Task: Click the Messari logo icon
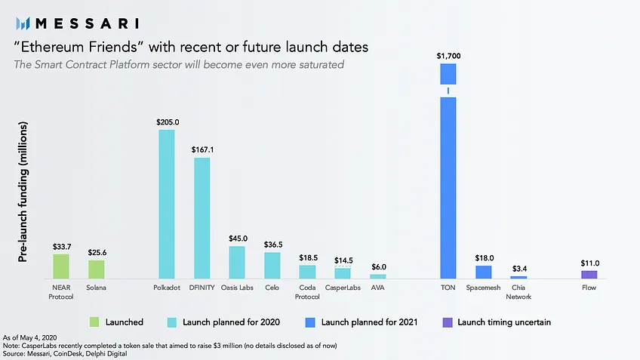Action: pyautogui.click(x=23, y=23)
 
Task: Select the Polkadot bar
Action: pyautogui.click(x=167, y=205)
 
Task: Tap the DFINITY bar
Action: pyautogui.click(x=202, y=218)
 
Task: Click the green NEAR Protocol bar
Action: pyautogui.click(x=61, y=266)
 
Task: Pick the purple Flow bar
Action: pyautogui.click(x=589, y=275)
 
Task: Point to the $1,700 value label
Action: pyautogui.click(x=448, y=56)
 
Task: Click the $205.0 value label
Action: pyautogui.click(x=168, y=122)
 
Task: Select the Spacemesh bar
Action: pyautogui.click(x=483, y=272)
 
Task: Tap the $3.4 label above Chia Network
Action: pyautogui.click(x=519, y=269)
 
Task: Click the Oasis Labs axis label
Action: pyautogui.click(x=237, y=288)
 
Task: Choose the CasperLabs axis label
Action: pyautogui.click(x=343, y=288)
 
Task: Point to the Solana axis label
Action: pyautogui.click(x=96, y=288)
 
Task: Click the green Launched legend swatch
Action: pyautogui.click(x=94, y=322)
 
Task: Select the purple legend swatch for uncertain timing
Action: pyautogui.click(x=448, y=322)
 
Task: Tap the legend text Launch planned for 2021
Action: pyautogui.click(x=369, y=322)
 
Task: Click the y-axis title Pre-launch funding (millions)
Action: pyautogui.click(x=23, y=192)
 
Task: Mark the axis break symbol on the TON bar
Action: pyautogui.click(x=448, y=91)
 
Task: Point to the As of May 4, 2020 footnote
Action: pyautogui.click(x=29, y=338)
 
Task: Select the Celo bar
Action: pyautogui.click(x=272, y=266)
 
